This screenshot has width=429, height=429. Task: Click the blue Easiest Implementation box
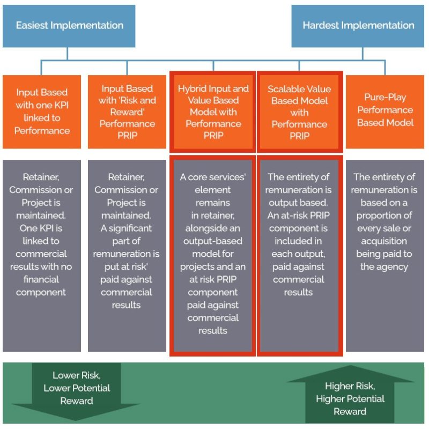tap(69, 26)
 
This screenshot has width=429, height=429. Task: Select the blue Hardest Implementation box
tap(358, 26)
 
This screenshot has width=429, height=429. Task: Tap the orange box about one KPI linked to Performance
tap(42, 111)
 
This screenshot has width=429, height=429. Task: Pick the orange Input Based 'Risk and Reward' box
tap(127, 111)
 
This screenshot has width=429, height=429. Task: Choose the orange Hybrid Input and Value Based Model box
tap(213, 111)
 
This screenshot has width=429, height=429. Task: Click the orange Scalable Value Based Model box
tap(299, 111)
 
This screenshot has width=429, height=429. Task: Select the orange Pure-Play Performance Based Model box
tap(385, 111)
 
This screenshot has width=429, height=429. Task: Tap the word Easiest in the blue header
tap(36, 26)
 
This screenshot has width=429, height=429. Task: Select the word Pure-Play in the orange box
tap(385, 98)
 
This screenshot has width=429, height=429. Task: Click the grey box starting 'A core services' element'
tap(213, 255)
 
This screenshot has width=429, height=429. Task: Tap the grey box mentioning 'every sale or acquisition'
tap(385, 255)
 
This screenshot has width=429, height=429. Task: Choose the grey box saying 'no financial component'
tap(42, 255)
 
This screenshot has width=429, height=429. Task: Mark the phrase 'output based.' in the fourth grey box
tap(299, 202)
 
